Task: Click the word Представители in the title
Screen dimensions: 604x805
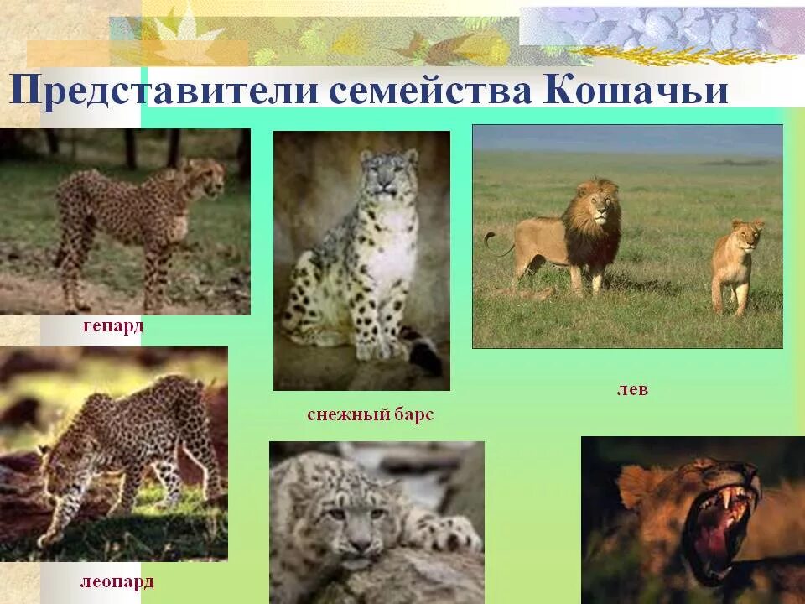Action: [164, 90]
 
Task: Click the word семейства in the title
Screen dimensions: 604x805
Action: [429, 90]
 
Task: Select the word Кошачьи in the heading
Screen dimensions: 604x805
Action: [636, 90]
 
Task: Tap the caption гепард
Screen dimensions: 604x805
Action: [113, 325]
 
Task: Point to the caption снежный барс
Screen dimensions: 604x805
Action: [370, 414]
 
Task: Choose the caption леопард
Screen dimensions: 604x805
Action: [117, 581]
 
